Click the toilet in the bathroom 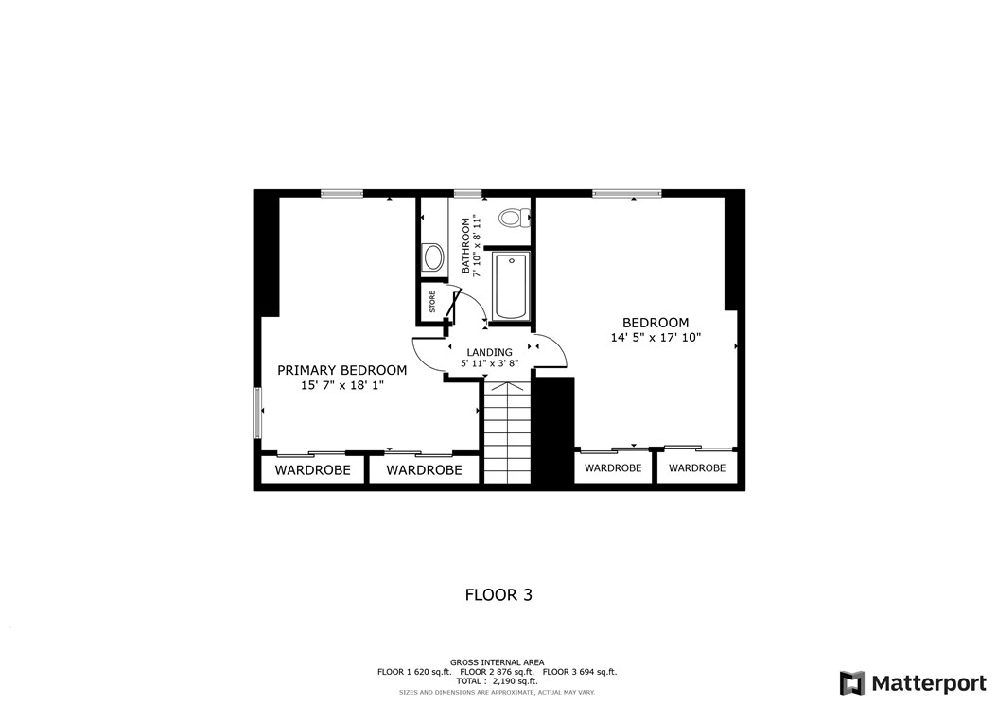(x=512, y=218)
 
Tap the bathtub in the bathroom (x=511, y=286)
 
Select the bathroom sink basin (x=432, y=256)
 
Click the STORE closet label (x=433, y=303)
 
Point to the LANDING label (x=489, y=352)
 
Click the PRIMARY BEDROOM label (x=341, y=370)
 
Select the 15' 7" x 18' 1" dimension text (x=341, y=385)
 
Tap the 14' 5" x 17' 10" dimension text (x=656, y=337)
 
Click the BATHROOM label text (x=465, y=246)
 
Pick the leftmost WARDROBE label (x=312, y=469)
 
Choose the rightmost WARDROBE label (x=697, y=467)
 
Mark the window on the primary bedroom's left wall (x=256, y=413)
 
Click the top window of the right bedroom (x=626, y=194)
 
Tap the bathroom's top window (x=467, y=194)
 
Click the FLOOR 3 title (x=498, y=595)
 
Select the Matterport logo (x=913, y=683)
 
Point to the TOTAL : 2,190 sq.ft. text (x=497, y=680)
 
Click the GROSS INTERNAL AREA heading (x=497, y=662)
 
